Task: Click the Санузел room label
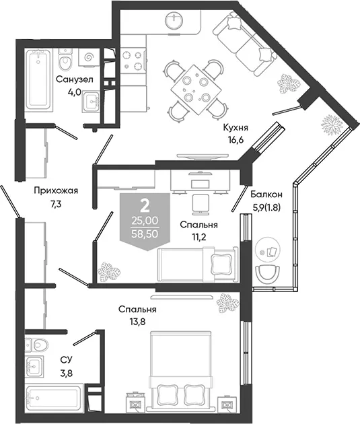click(x=75, y=80)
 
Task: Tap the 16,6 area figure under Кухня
click(x=233, y=140)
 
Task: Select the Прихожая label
click(x=56, y=191)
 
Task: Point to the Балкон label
click(x=266, y=194)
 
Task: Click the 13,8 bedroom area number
click(x=137, y=322)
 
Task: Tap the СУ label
click(x=66, y=360)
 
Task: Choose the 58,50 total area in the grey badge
click(x=145, y=234)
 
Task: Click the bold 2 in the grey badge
click(x=145, y=207)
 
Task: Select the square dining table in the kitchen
click(x=195, y=90)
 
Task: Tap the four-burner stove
click(x=133, y=61)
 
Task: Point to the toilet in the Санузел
click(x=65, y=59)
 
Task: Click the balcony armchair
click(x=268, y=274)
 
